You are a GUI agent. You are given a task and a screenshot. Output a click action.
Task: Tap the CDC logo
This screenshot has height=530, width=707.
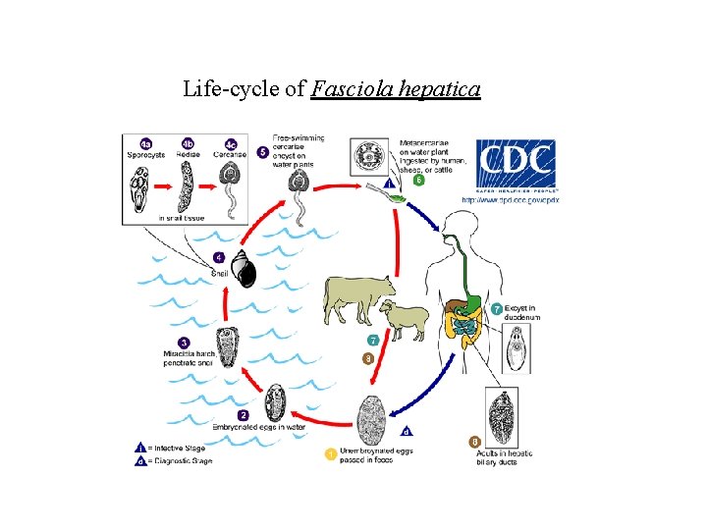[x=516, y=165]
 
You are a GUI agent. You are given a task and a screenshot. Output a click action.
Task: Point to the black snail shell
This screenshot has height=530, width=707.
[x=242, y=268]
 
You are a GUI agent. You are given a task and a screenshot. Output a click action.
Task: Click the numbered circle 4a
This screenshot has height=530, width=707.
[x=145, y=143]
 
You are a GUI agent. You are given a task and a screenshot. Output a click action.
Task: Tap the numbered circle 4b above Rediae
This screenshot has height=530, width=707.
[x=188, y=143]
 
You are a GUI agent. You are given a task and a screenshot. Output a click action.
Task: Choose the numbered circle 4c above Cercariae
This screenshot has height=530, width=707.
[x=231, y=143]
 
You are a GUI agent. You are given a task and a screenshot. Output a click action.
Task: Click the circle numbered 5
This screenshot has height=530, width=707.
[x=262, y=152]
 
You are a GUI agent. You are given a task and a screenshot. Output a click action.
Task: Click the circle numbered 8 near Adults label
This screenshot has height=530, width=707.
[x=475, y=442]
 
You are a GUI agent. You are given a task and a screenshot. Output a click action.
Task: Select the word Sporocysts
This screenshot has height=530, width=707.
[x=145, y=155]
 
